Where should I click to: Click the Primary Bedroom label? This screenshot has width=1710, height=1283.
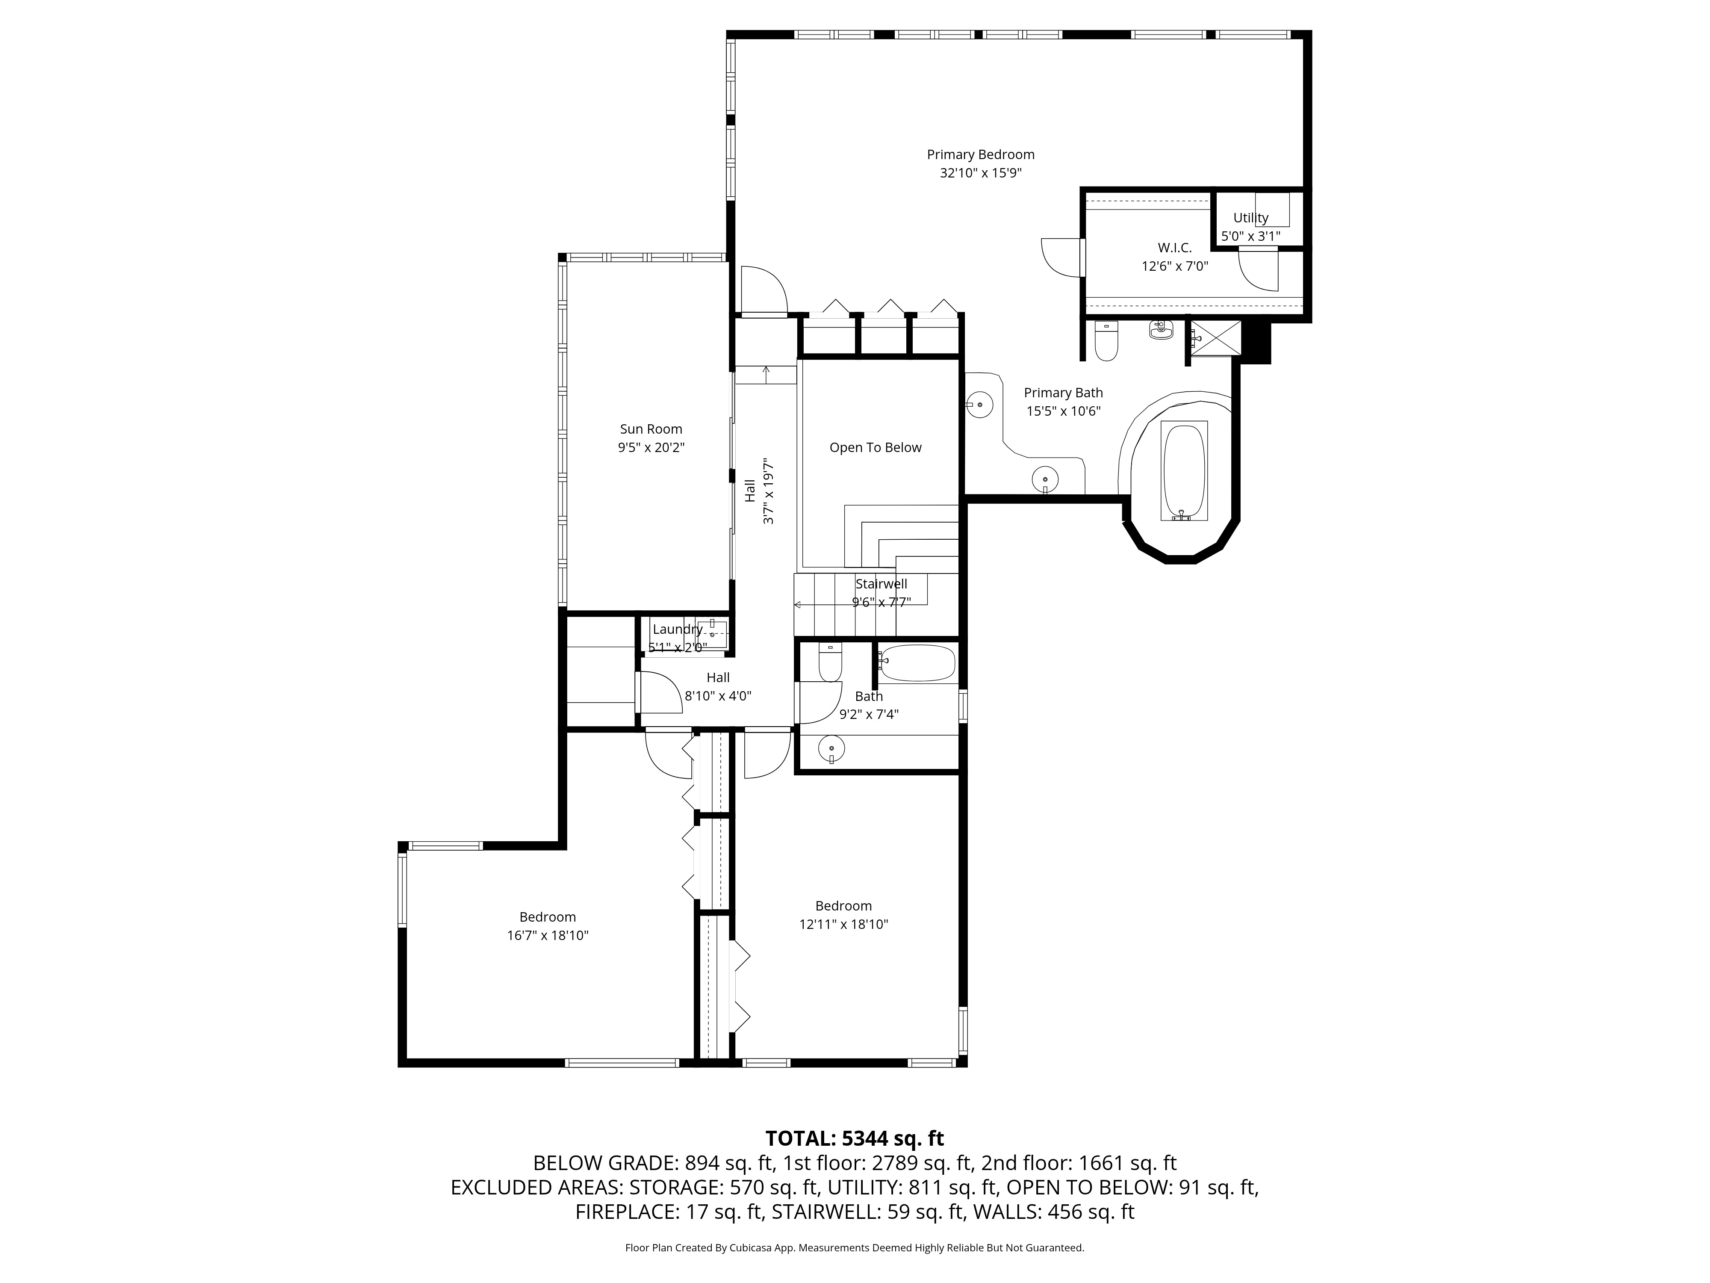(980, 155)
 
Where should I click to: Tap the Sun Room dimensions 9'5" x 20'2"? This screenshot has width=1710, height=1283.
(651, 448)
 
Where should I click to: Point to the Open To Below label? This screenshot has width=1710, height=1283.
(875, 448)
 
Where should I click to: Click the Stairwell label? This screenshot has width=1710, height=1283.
(881, 584)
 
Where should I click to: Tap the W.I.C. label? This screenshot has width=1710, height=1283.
(1174, 248)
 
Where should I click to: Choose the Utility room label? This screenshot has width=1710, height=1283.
(1250, 218)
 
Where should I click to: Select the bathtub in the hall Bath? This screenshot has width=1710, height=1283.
(917, 663)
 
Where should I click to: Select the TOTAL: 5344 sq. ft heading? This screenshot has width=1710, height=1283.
(854, 1138)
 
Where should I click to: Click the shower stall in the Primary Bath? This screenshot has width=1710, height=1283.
(1215, 338)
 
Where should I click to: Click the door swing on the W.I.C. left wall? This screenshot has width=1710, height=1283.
(1061, 257)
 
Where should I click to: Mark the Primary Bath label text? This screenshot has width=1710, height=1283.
(1063, 393)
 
